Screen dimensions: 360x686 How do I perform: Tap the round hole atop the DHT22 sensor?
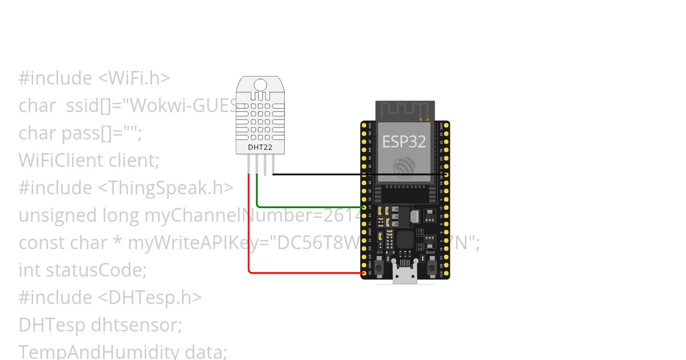pos(261,85)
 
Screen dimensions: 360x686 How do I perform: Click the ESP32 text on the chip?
pos(404,141)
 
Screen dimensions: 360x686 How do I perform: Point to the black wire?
pos(354,174)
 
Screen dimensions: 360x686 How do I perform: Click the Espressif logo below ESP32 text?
pos(404,167)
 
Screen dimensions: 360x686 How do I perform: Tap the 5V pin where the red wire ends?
pos(364,273)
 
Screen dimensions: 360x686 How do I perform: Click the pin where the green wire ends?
pos(364,206)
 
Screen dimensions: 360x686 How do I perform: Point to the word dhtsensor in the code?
pos(136,325)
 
